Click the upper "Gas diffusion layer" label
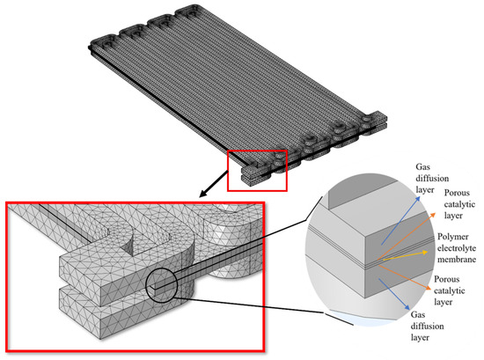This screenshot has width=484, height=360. pyautogui.click(x=432, y=179)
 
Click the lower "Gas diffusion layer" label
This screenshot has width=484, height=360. pyautogui.click(x=427, y=326)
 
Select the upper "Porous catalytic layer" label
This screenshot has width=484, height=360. pyautogui.click(x=459, y=204)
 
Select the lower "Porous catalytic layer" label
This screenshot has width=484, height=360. pyautogui.click(x=450, y=290)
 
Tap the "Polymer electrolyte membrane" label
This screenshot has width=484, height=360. pyautogui.click(x=457, y=248)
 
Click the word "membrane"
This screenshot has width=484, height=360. pyautogui.click(x=457, y=260)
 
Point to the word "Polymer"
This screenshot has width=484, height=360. pyautogui.click(x=453, y=237)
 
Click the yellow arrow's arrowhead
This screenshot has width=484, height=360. pyautogui.click(x=425, y=253)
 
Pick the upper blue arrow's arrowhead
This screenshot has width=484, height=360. pyautogui.click(x=418, y=199)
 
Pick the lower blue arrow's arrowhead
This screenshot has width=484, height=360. pyautogui.click(x=407, y=307)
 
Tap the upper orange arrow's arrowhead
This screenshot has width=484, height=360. pyautogui.click(x=433, y=215)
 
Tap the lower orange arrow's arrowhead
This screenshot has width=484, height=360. pyautogui.click(x=428, y=288)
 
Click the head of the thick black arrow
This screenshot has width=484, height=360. pyautogui.click(x=202, y=195)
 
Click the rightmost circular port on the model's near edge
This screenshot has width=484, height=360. pyautogui.click(x=368, y=119)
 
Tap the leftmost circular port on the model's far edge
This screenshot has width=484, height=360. pyautogui.click(x=107, y=44)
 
